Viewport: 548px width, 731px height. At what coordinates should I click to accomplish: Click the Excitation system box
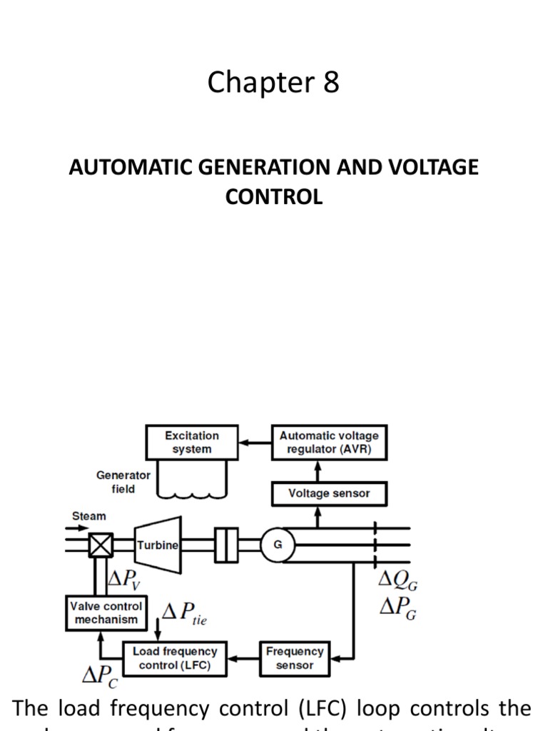191,443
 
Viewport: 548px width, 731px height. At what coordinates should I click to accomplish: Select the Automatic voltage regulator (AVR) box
329,443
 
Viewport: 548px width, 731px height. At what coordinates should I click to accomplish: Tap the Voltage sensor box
329,493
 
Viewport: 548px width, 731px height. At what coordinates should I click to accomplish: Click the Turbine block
158,545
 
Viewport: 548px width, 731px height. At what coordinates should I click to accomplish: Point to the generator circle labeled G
278,545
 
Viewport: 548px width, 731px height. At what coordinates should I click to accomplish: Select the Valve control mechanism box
106,612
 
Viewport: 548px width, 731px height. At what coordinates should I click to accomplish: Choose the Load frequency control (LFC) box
175,658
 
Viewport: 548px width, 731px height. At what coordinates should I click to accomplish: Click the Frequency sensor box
295,658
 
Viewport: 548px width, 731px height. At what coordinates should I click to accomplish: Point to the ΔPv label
123,580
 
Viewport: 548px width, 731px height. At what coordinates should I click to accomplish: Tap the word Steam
88,515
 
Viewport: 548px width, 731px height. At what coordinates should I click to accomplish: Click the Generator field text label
123,482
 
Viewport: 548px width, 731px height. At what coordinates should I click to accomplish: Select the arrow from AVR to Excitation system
254,443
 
